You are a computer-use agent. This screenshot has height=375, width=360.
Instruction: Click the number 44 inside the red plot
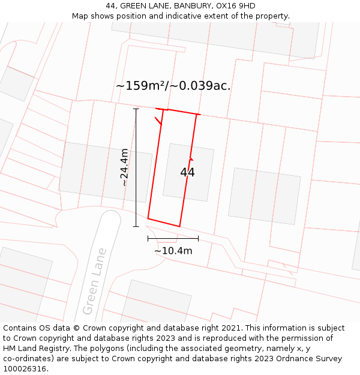[x=187, y=173]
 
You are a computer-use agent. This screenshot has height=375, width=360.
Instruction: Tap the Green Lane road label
[x=94, y=281]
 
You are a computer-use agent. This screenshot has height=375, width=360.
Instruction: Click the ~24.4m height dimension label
[x=124, y=167]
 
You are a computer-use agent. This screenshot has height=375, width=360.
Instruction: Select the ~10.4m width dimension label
[x=173, y=251]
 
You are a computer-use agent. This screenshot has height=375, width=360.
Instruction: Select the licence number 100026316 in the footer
[x=24, y=369]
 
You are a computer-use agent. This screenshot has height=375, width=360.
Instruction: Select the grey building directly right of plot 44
[x=264, y=196]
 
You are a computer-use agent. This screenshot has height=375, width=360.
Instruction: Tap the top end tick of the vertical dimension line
[x=136, y=109]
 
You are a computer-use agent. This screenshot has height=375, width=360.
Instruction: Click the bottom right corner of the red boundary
[x=179, y=226]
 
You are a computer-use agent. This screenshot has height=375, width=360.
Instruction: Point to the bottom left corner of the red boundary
[x=148, y=218]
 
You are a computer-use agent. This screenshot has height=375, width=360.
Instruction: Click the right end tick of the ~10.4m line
[x=198, y=238]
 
